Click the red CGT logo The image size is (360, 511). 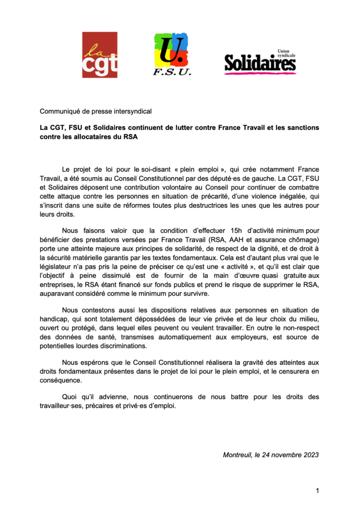[x=100, y=55]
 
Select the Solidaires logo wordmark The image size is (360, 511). [x=259, y=64]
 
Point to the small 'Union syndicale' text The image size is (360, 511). [x=286, y=53]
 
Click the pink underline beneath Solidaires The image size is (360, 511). [x=260, y=73]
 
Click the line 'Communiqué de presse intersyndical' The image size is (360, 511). [x=96, y=111]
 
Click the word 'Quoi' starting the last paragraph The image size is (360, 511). [x=70, y=397]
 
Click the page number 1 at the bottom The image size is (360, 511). [x=317, y=491]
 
